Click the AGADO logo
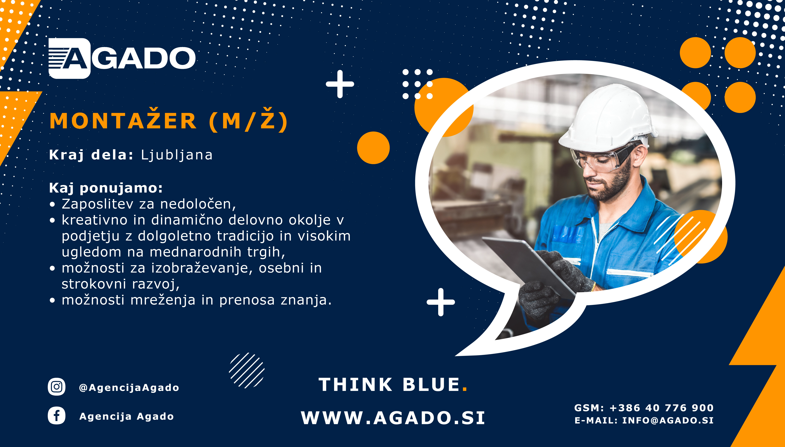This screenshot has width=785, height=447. coord(122,58)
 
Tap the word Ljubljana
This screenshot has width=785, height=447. coord(177,155)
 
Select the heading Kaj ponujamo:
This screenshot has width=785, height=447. coord(106,188)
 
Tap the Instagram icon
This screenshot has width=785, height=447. coord(57,387)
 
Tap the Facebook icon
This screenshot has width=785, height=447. coord(57,416)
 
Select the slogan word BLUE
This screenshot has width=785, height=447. coord(431,385)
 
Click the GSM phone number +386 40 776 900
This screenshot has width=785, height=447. coord(661,408)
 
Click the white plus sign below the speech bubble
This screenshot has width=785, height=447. coord(441,302)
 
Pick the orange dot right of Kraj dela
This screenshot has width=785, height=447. coord(373,148)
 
